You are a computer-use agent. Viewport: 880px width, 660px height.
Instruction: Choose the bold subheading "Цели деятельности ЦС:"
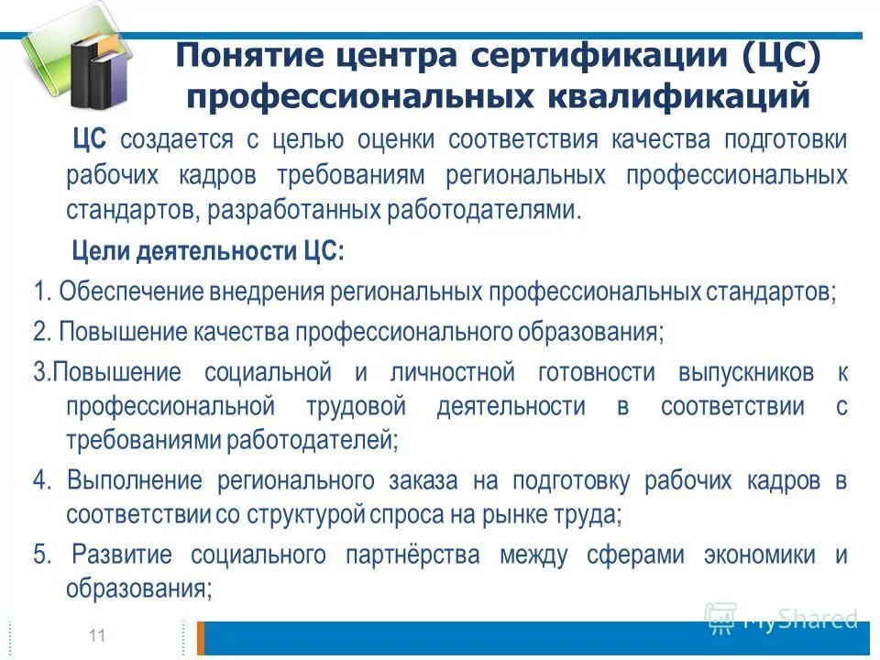click(208, 251)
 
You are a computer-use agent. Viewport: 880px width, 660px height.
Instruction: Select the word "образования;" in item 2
click(603, 332)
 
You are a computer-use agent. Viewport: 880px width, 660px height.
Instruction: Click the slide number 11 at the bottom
click(95, 634)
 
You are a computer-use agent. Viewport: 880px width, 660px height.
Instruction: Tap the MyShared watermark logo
click(781, 619)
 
